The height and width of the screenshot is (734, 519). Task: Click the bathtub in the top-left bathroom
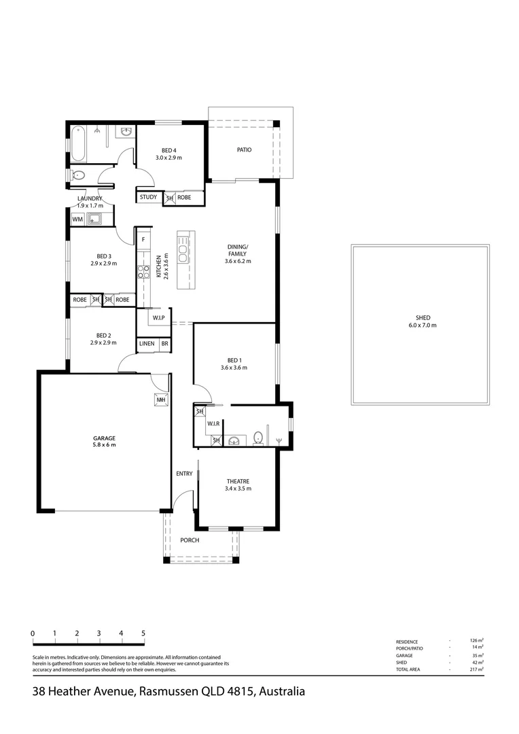point(79,143)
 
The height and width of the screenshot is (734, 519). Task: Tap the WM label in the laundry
point(77,219)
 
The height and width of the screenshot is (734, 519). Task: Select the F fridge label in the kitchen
point(143,240)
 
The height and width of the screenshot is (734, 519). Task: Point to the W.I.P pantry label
point(158,317)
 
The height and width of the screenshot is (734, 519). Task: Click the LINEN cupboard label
point(147,345)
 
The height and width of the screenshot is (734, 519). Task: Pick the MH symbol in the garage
point(161,400)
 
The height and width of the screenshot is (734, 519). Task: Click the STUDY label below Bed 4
point(149,198)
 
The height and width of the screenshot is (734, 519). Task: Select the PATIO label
point(244,150)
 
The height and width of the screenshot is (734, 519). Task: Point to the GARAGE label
point(104,441)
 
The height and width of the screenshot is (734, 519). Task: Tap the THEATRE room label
point(238,484)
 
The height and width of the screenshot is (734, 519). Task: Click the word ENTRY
point(184,474)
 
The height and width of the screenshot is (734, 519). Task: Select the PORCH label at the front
point(190,540)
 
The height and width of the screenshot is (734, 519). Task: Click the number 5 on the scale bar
point(143,633)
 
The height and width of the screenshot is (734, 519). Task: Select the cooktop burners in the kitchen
point(143,272)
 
